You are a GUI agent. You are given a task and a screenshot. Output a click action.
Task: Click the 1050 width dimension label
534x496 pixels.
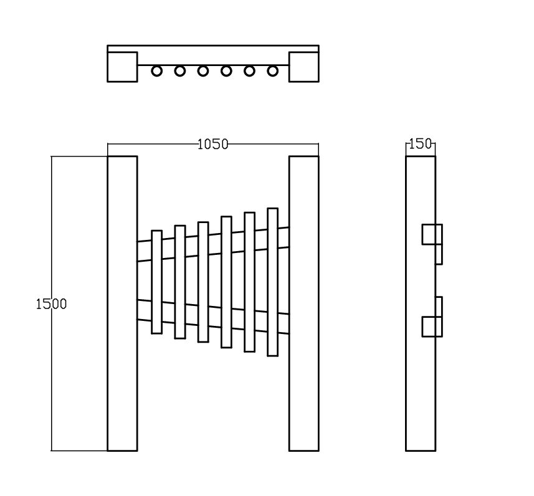[213, 145]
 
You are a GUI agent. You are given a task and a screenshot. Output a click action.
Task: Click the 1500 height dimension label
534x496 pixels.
[52, 304]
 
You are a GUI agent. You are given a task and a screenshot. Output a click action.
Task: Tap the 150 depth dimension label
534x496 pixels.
[420, 144]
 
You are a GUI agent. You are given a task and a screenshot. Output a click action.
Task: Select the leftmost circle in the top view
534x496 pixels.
[156, 71]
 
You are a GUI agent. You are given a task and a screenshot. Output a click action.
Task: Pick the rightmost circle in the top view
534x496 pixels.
[272, 71]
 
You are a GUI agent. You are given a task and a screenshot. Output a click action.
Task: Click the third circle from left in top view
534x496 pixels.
[203, 71]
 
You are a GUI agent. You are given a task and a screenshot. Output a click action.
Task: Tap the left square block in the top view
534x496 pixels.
[122, 67]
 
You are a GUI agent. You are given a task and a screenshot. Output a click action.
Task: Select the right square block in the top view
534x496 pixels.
[304, 67]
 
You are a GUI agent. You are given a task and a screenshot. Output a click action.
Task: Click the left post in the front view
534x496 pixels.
[122, 303]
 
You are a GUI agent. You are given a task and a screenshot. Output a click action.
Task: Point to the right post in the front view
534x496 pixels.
[304, 303]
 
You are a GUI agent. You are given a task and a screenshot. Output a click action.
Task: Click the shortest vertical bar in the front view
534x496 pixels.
[156, 282]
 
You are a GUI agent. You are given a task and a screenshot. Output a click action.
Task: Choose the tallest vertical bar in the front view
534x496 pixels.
[272, 282]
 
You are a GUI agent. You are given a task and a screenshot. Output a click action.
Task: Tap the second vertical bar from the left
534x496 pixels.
[180, 282]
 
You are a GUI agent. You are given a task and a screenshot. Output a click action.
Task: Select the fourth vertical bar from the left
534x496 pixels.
[226, 282]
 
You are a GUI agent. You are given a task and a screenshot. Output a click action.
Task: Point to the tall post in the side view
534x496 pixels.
[420, 303]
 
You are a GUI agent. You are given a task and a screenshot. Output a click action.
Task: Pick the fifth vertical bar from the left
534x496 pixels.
[249, 282]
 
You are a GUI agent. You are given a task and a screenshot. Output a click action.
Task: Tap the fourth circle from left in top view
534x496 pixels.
[226, 71]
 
